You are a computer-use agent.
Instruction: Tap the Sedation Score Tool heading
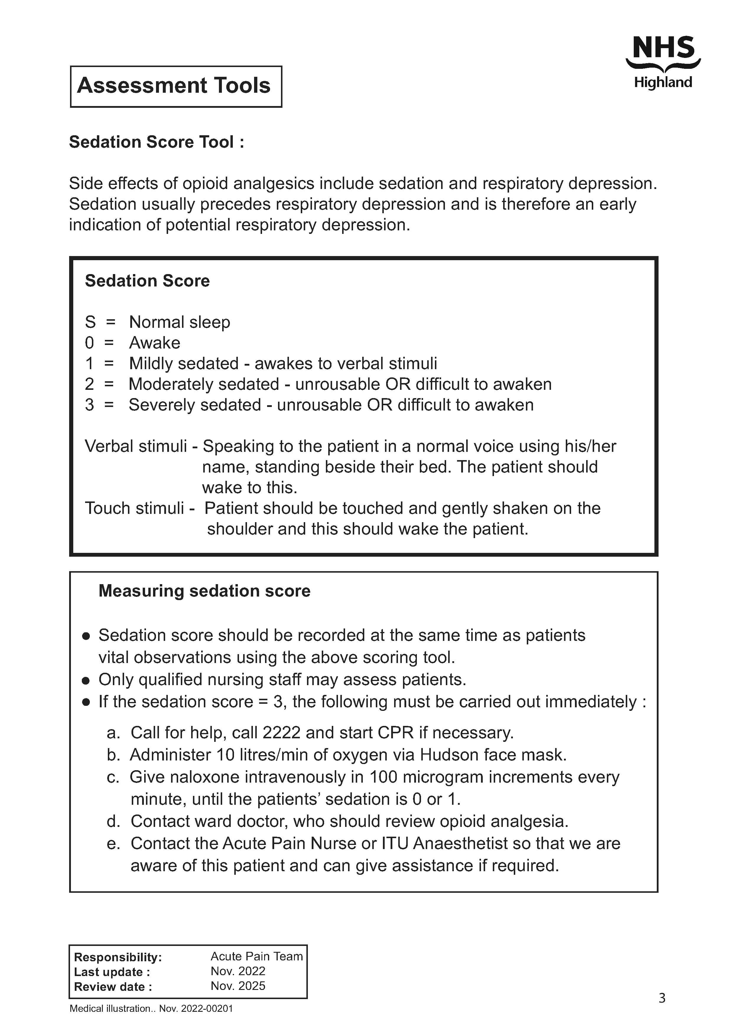click(156, 142)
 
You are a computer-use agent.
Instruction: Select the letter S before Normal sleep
click(90, 322)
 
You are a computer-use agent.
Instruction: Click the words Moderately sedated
click(204, 385)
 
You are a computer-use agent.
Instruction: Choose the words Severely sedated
click(194, 405)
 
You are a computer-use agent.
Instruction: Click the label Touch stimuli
click(134, 509)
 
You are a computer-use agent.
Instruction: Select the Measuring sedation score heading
click(204, 591)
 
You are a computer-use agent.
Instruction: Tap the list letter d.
click(113, 821)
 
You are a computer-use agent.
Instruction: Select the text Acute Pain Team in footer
click(256, 957)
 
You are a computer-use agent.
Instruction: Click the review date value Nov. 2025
click(238, 986)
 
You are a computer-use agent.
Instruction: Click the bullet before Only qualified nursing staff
click(86, 680)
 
